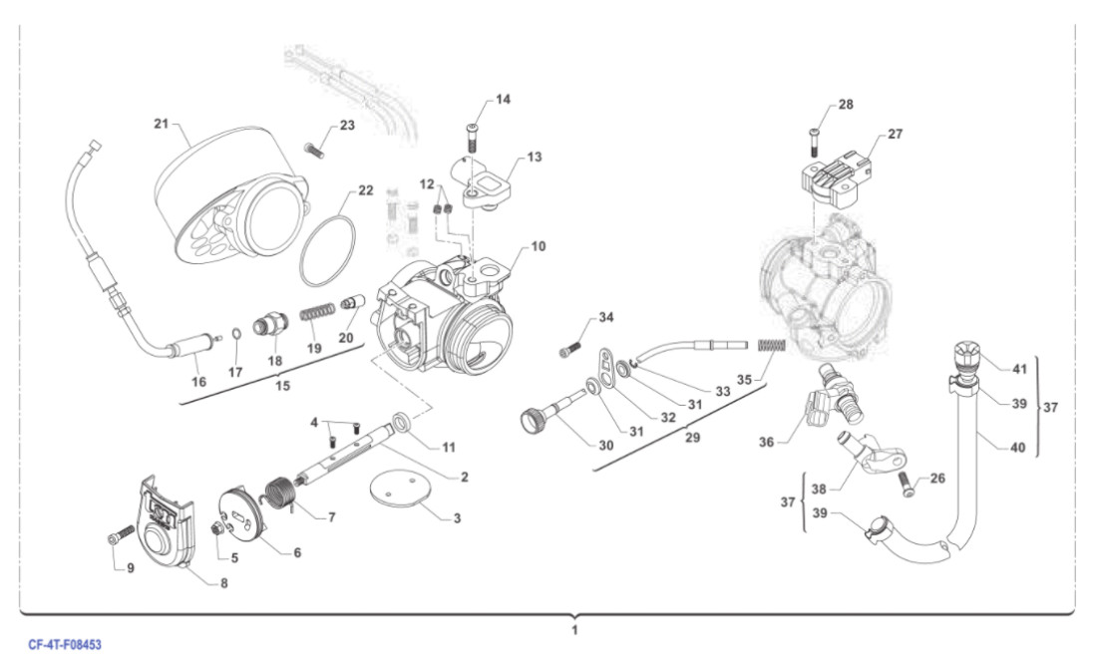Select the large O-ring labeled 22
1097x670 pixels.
[x=329, y=254]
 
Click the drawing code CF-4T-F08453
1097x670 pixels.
[x=65, y=645]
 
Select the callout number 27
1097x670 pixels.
[x=895, y=134]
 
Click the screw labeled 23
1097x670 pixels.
[x=316, y=151]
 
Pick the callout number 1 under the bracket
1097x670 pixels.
[x=574, y=631]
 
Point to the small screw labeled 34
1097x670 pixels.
[x=570, y=350]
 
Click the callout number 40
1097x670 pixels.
[x=1017, y=448]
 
